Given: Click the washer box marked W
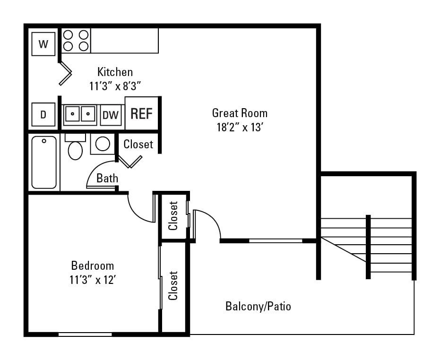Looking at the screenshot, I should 43,44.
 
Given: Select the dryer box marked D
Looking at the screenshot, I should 43,115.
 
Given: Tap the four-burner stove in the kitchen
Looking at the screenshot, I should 76,40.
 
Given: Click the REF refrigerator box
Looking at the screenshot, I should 141,114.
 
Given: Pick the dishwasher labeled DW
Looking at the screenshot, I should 111,115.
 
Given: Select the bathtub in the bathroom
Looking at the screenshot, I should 44,162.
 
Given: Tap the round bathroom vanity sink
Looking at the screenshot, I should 103,144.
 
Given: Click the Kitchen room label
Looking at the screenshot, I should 115,72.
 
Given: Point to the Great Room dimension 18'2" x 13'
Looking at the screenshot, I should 239,128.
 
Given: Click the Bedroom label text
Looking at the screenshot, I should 93,265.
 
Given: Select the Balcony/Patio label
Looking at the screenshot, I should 258,306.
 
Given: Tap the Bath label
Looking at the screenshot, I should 107,178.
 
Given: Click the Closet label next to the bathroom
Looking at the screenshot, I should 138,144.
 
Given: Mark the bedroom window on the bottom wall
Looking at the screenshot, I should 85,334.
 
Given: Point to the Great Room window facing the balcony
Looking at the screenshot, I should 276,241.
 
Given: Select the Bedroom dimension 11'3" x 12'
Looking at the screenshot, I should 93,280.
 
